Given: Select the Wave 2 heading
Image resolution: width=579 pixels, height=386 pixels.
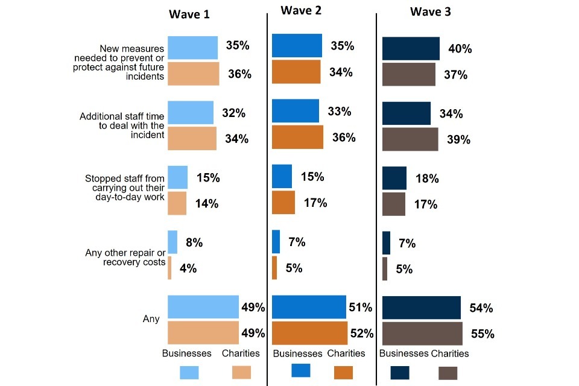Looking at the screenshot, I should pyautogui.click(x=300, y=10).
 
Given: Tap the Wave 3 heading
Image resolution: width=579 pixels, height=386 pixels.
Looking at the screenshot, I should pyautogui.click(x=430, y=12).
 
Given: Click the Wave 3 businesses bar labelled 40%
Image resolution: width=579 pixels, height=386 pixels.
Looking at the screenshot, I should pyautogui.click(x=411, y=48).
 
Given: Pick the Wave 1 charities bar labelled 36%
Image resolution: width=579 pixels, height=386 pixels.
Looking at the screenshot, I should pyautogui.click(x=193, y=74).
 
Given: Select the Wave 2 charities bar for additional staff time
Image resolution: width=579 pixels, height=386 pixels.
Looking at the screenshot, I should pyautogui.click(x=297, y=137).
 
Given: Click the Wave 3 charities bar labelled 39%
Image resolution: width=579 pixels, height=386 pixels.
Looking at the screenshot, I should pyautogui.click(x=410, y=139).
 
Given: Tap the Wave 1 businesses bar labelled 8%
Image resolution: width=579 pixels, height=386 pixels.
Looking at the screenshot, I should pyautogui.click(x=172, y=242).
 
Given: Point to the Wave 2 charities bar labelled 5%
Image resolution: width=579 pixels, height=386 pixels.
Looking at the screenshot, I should pyautogui.click(x=274, y=268).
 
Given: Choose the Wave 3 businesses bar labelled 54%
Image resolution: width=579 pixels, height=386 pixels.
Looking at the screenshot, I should pyautogui.click(x=421, y=308).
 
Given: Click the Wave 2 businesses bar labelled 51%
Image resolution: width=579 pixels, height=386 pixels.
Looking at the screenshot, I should pyautogui.click(x=309, y=307).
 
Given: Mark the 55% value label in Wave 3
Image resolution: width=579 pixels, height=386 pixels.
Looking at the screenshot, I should pyautogui.click(x=482, y=334).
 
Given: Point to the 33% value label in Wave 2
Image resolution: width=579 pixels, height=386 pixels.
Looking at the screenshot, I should pyautogui.click(x=339, y=112).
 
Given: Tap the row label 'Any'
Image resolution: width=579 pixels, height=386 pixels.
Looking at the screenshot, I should pyautogui.click(x=151, y=318).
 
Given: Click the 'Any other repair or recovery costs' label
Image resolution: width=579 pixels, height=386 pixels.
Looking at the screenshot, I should pyautogui.click(x=125, y=257).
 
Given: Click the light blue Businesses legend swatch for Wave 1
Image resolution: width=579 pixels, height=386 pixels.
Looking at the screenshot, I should pyautogui.click(x=189, y=372).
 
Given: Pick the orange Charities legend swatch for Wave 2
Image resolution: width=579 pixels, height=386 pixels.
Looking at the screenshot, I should pyautogui.click(x=343, y=372).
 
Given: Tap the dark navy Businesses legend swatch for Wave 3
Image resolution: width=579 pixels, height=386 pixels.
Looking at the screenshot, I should pyautogui.click(x=400, y=372).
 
